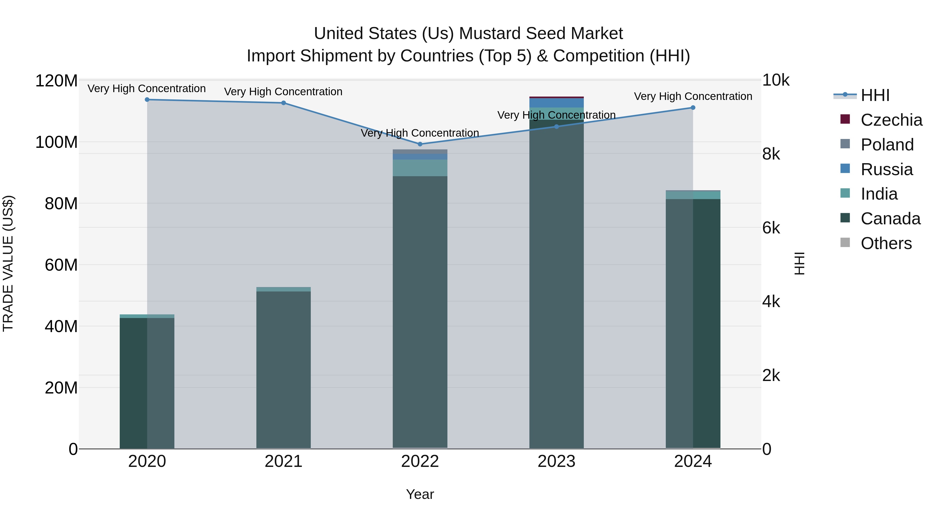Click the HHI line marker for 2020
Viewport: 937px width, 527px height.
(x=147, y=100)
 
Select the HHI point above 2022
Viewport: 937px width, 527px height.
(x=420, y=144)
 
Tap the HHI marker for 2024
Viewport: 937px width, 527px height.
(x=693, y=108)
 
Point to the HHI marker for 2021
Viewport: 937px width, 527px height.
(x=284, y=103)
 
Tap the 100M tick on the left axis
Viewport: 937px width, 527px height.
(x=56, y=142)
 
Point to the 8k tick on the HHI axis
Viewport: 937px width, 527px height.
(x=771, y=154)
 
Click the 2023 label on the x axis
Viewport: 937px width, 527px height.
(x=556, y=461)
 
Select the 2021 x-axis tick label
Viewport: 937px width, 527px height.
(x=284, y=461)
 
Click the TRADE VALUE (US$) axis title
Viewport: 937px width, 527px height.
(x=8, y=263)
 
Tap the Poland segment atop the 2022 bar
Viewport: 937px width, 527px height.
(x=420, y=152)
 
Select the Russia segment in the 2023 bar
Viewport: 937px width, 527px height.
(x=556, y=103)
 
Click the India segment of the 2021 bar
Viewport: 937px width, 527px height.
(x=284, y=289)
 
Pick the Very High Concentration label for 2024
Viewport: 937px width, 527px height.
(x=693, y=96)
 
